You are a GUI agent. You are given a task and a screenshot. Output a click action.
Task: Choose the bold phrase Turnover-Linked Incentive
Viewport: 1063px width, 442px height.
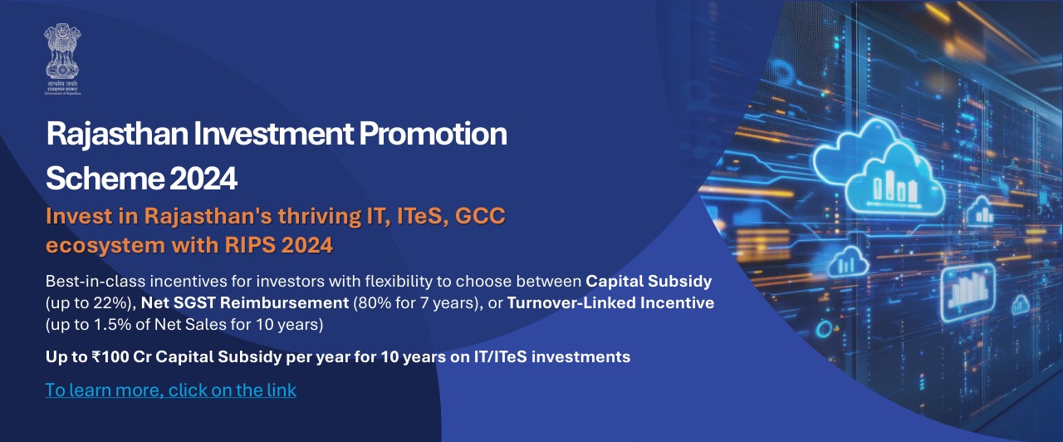(610, 303)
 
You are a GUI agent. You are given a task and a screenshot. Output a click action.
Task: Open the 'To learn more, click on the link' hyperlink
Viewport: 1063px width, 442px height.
(170, 390)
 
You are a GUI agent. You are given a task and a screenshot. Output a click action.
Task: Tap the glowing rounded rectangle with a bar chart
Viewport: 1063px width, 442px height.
(967, 288)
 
